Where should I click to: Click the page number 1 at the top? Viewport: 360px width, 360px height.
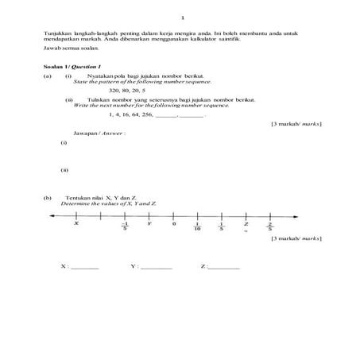[183, 17]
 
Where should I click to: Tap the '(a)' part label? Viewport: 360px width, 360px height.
[48, 75]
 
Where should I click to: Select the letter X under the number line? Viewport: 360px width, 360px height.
[76, 223]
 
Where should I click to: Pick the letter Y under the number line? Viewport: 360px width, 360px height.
[149, 223]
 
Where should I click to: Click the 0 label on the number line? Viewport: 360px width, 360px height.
[173, 223]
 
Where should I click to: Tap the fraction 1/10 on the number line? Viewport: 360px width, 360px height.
[198, 226]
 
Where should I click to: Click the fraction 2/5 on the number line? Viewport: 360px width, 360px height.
[270, 226]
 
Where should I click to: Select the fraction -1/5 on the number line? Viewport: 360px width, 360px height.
[125, 226]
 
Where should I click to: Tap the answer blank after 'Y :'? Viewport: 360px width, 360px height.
[156, 267]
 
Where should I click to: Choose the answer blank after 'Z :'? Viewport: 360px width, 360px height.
[224, 267]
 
